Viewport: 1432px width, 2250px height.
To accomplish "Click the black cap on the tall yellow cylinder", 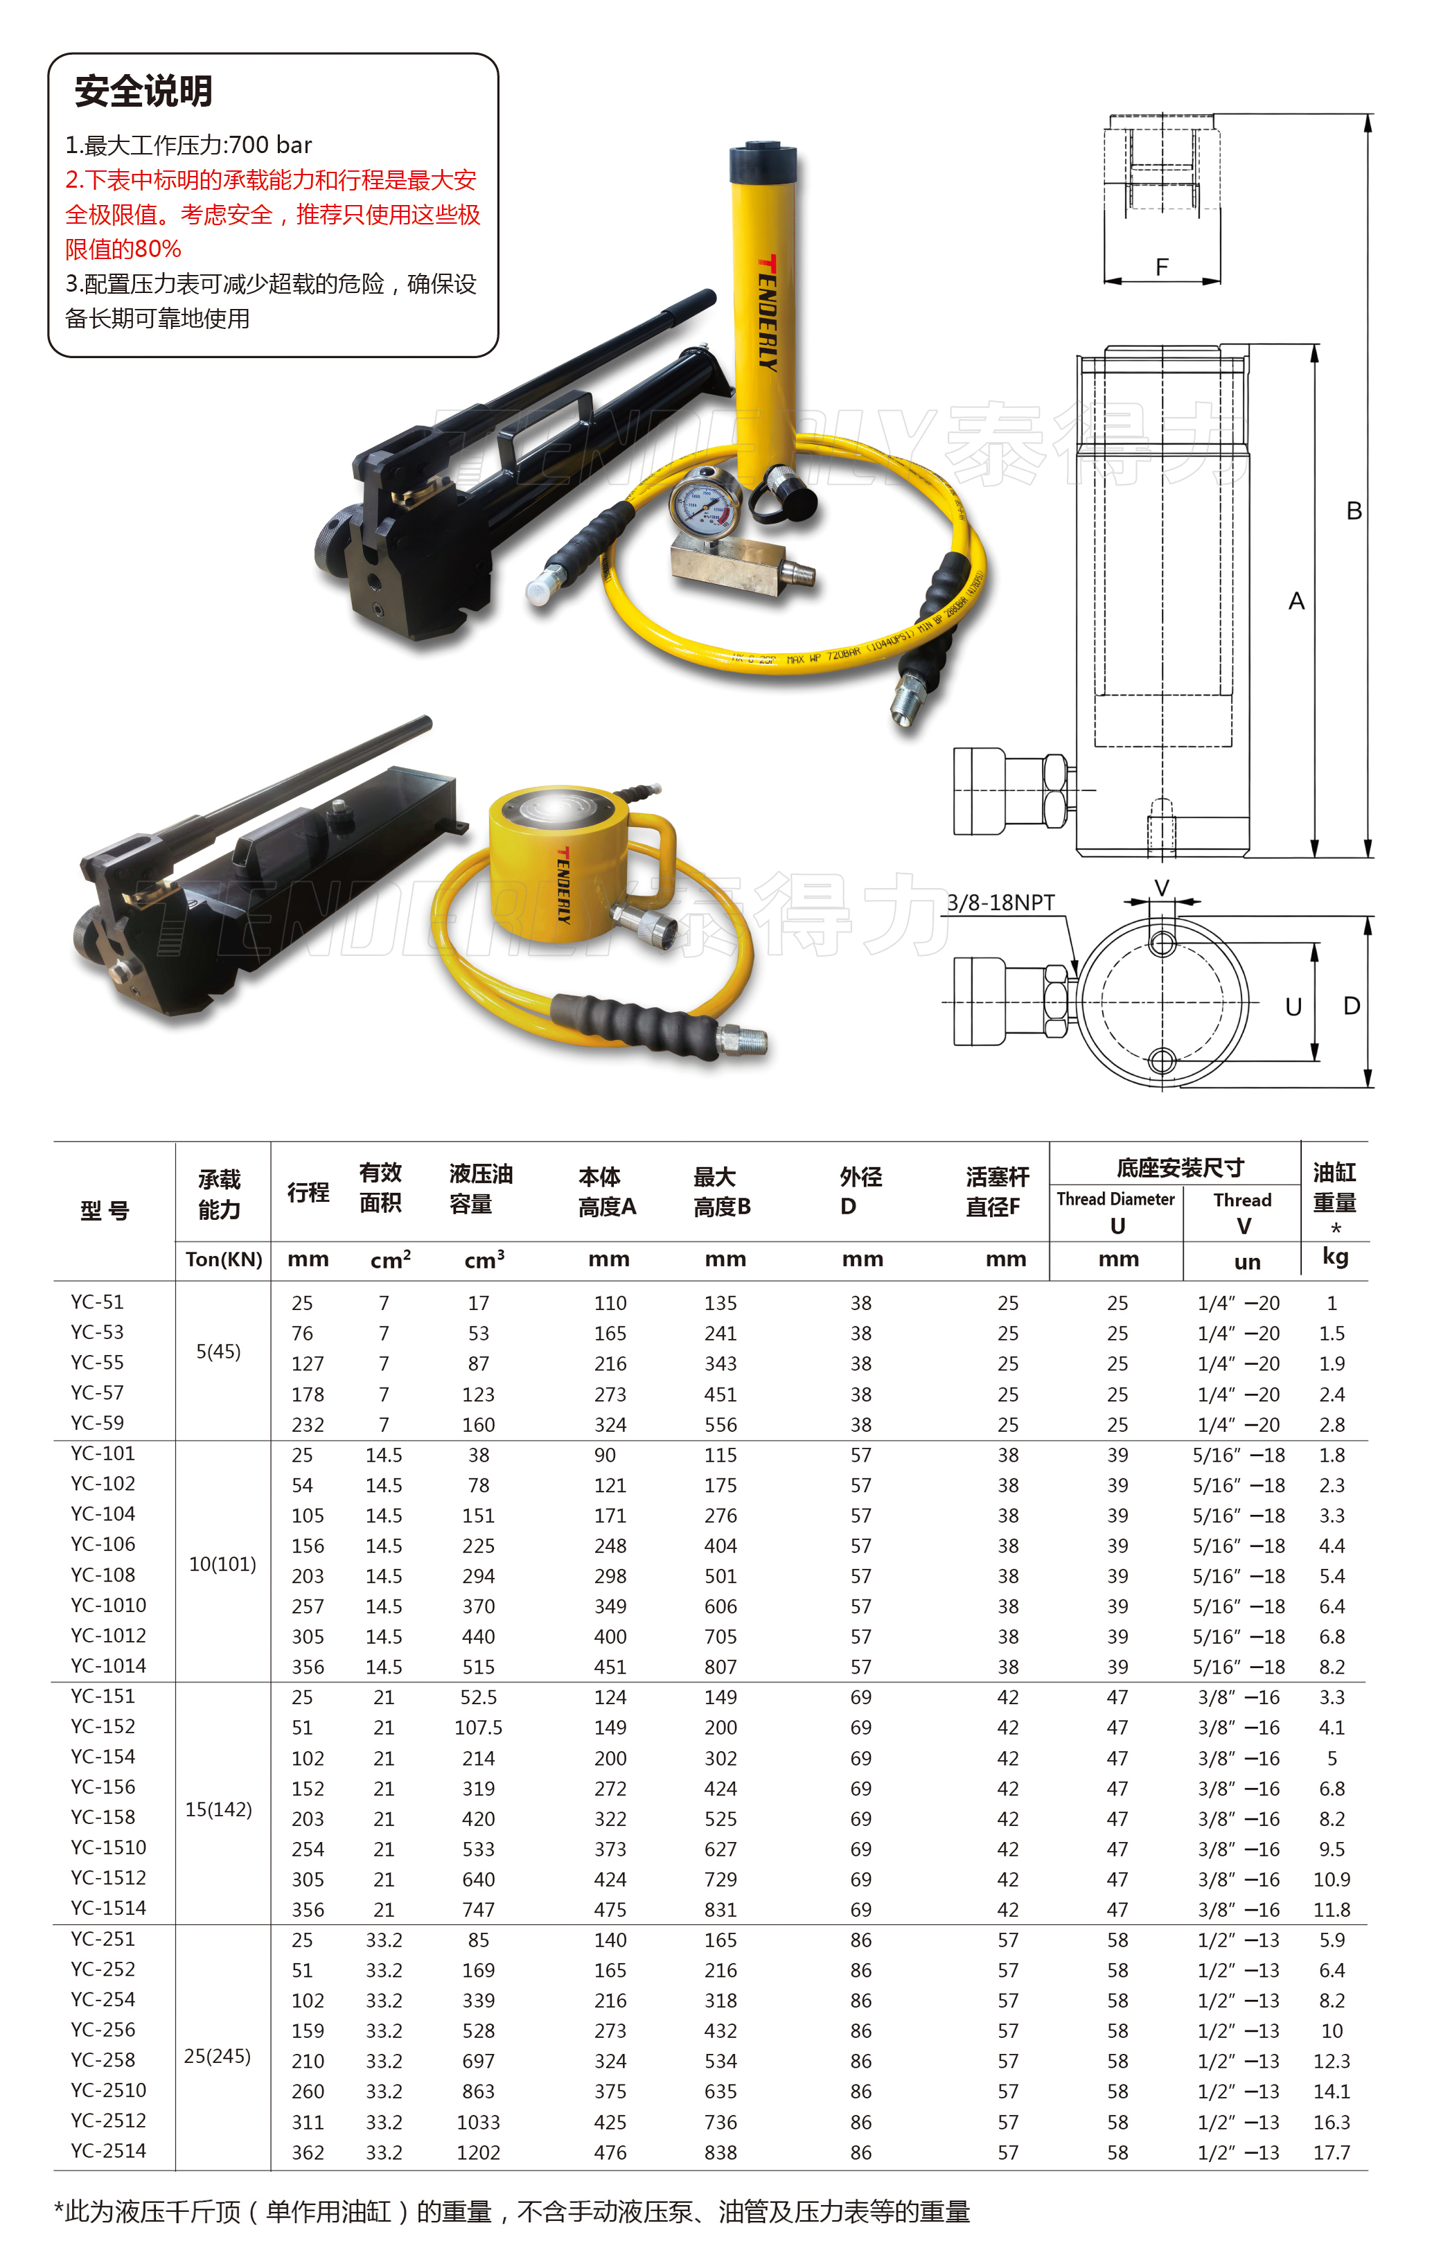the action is click(763, 164).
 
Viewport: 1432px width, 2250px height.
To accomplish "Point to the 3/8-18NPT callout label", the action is click(1000, 903).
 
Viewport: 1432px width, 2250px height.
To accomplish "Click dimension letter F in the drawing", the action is click(1162, 267).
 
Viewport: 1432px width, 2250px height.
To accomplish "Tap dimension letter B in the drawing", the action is click(1354, 511).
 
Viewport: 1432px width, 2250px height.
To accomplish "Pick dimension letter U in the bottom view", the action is click(1293, 1007).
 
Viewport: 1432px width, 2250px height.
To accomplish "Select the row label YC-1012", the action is click(109, 1635).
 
